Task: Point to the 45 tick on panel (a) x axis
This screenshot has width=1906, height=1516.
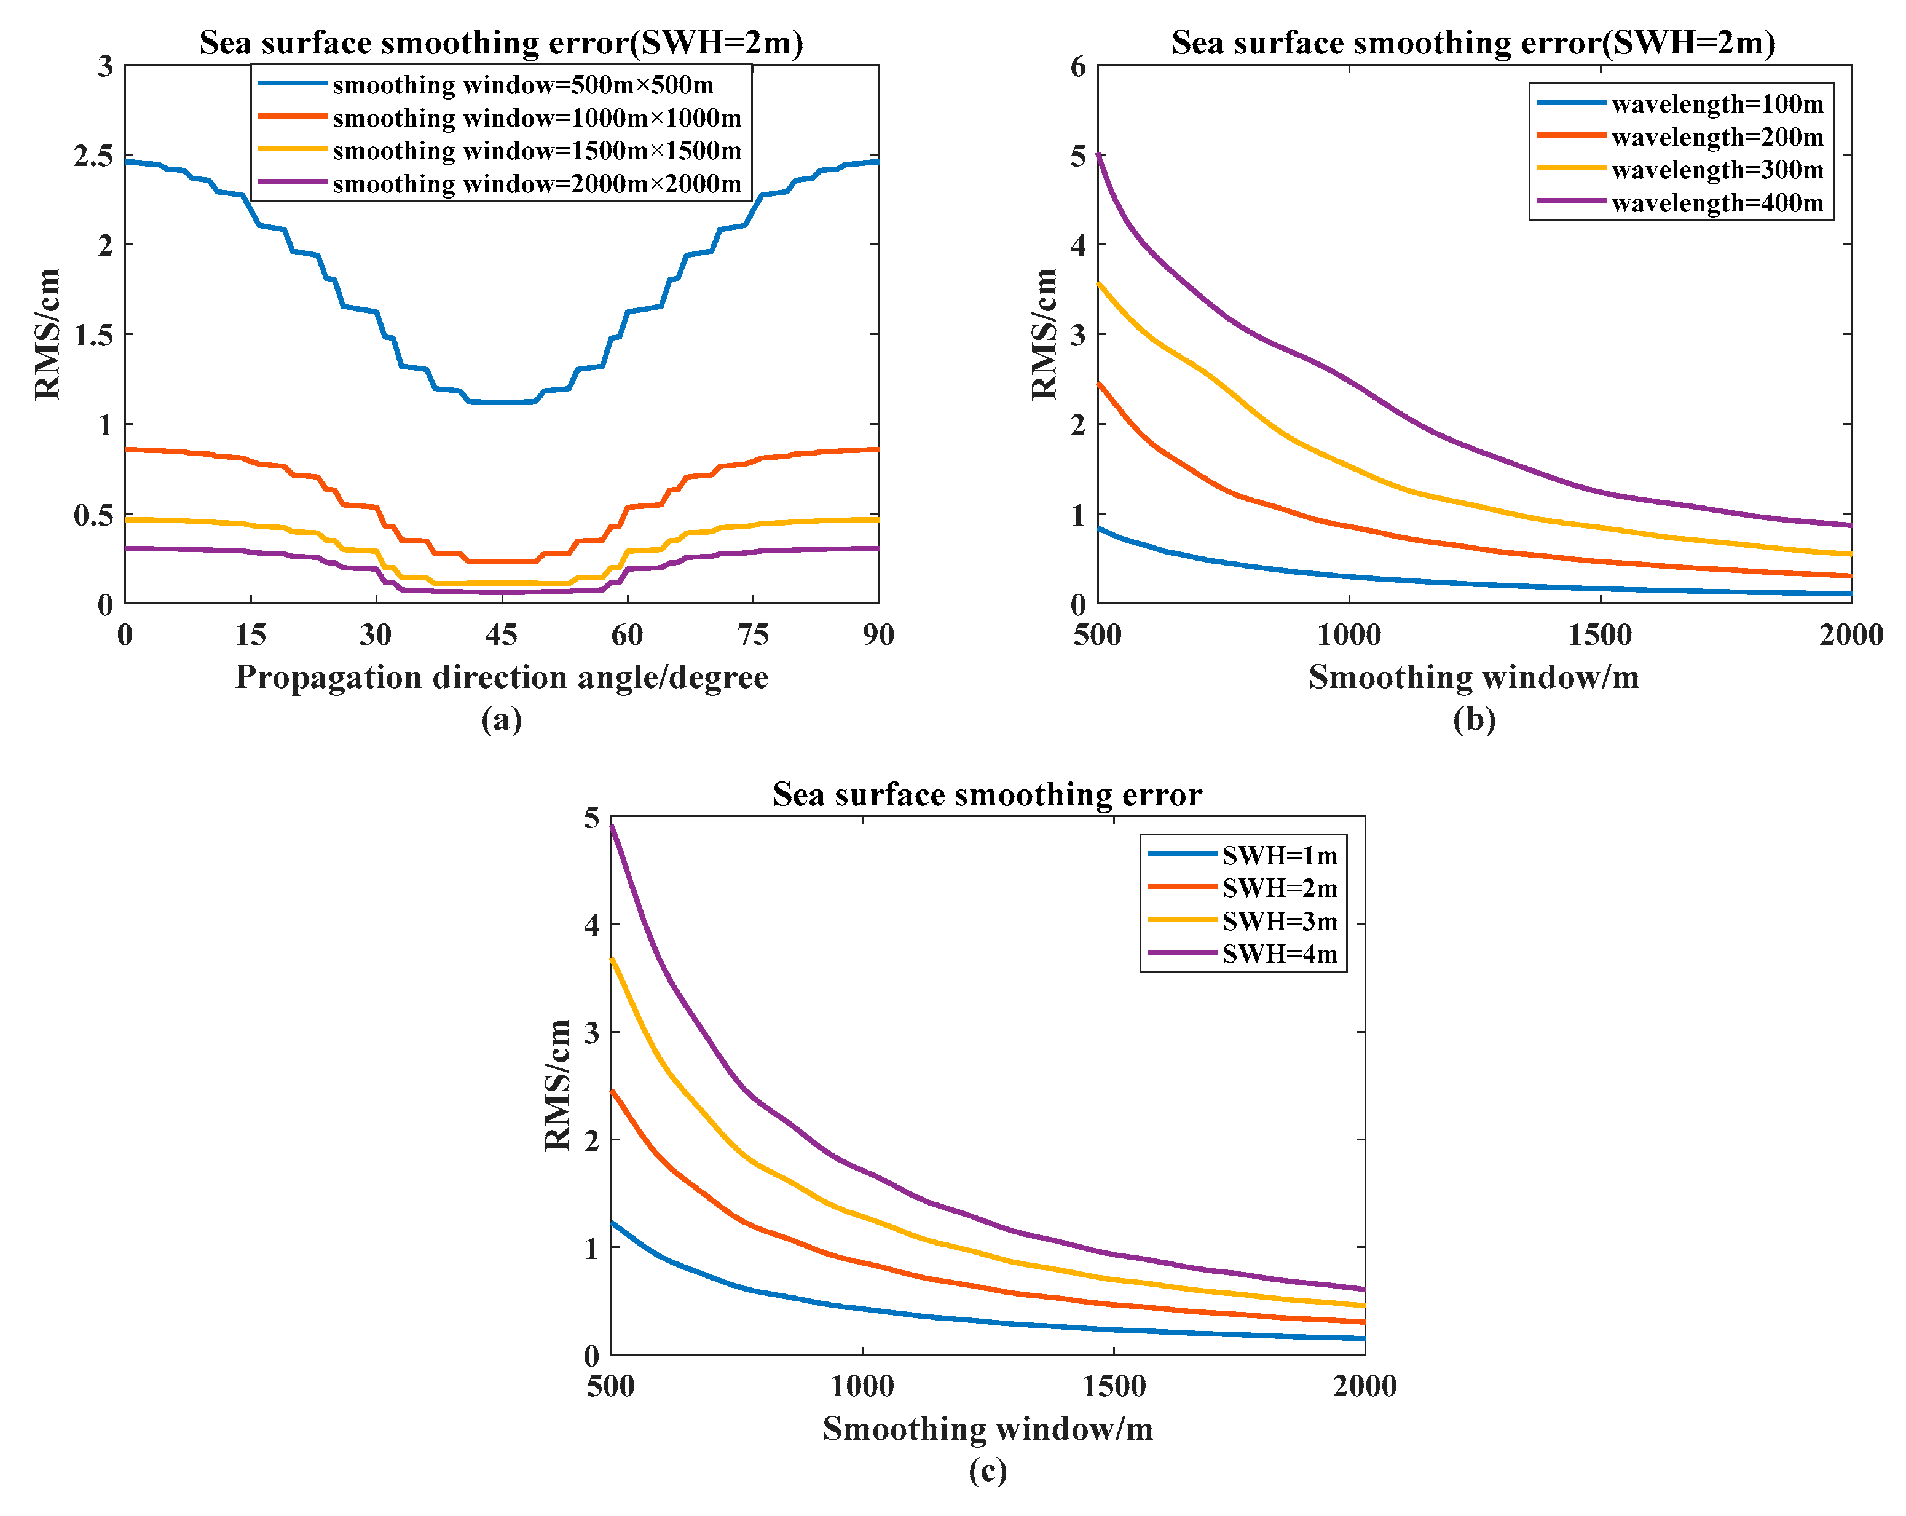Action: pyautogui.click(x=502, y=634)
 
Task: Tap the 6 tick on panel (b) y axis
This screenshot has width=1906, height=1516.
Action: pyautogui.click(x=1077, y=66)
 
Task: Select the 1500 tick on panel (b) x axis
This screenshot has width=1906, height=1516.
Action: pyautogui.click(x=1600, y=634)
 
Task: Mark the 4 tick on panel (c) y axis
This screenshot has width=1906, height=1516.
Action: pyautogui.click(x=591, y=925)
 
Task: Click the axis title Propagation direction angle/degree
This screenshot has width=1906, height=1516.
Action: pyautogui.click(x=502, y=677)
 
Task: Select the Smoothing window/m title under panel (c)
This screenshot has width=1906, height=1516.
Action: pyautogui.click(x=988, y=1429)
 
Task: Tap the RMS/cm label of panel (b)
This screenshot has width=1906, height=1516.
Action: pyautogui.click(x=1044, y=334)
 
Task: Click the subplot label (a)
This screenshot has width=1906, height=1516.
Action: pyautogui.click(x=502, y=719)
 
